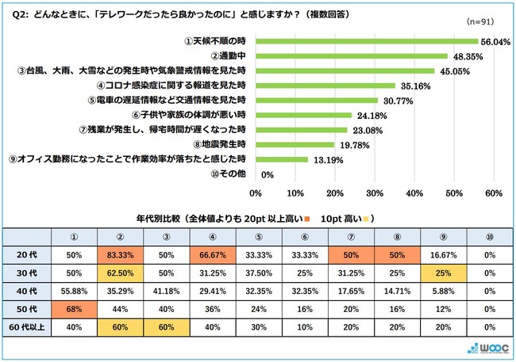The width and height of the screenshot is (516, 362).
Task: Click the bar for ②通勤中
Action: click(351, 56)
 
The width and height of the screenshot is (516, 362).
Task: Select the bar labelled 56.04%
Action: click(367, 41)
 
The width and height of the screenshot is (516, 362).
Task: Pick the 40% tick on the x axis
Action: click(414, 192)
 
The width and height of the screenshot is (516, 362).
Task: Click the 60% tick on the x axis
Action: click(493, 192)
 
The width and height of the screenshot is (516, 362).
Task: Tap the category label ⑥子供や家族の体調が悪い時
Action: click(198, 115)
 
